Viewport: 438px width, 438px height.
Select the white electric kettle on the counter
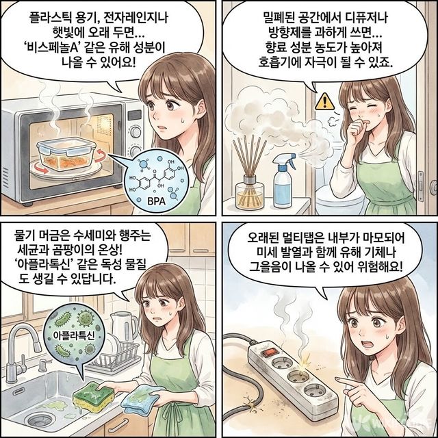coord(124,328)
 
